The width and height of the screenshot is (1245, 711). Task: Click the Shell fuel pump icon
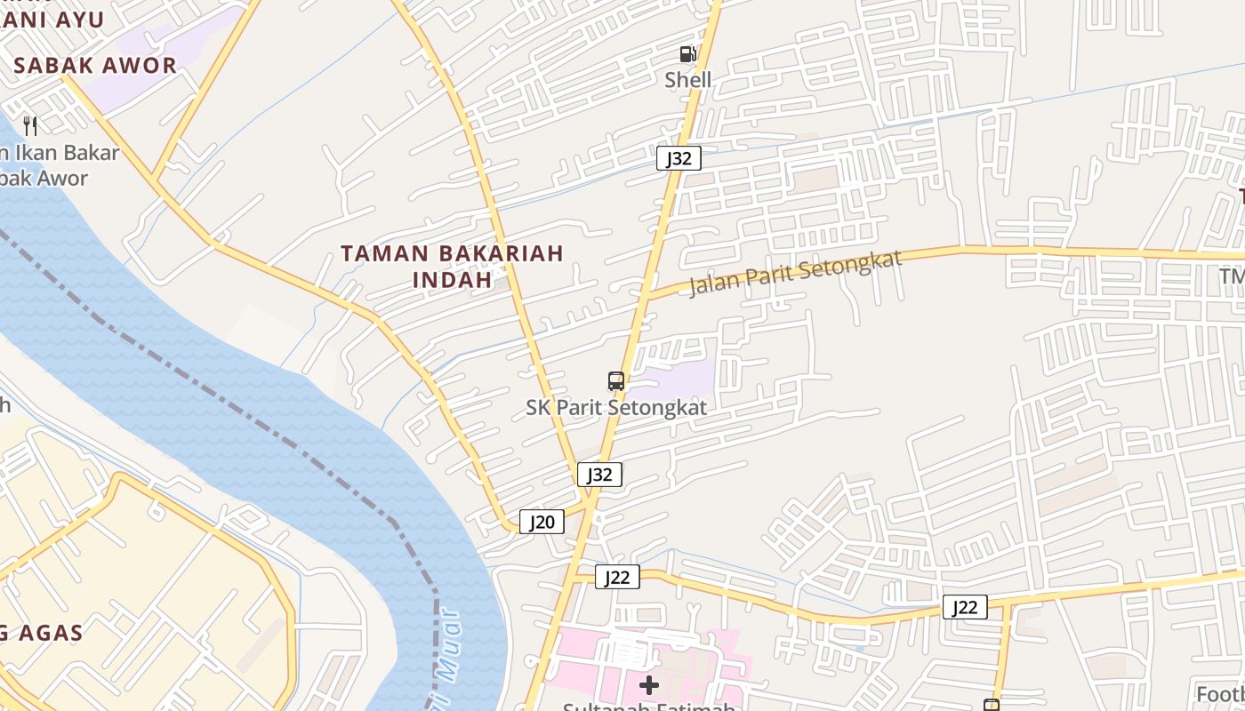coord(687,54)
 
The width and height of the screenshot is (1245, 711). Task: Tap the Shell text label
coord(688,80)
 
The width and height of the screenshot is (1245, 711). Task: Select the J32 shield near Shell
coord(679,158)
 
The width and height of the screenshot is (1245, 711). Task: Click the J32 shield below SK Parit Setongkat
coord(599,475)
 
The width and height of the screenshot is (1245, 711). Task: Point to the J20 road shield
coord(542,522)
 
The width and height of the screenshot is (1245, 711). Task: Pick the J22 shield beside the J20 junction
coord(617,578)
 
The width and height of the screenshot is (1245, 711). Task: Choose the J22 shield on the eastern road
coord(965,607)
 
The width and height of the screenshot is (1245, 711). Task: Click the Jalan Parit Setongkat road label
coord(795,273)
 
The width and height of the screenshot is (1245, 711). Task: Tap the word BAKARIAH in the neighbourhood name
coord(502,253)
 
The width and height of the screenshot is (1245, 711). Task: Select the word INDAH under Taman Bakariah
coord(453,279)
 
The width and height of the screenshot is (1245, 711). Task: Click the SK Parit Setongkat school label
coord(616,408)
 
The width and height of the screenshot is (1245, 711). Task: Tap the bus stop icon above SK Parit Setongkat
coord(616,381)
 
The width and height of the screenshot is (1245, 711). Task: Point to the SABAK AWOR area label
coord(95,65)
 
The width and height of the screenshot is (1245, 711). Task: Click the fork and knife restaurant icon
coord(30,125)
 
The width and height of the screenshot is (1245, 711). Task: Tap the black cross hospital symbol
coord(649,684)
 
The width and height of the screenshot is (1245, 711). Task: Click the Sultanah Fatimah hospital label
coord(649,707)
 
